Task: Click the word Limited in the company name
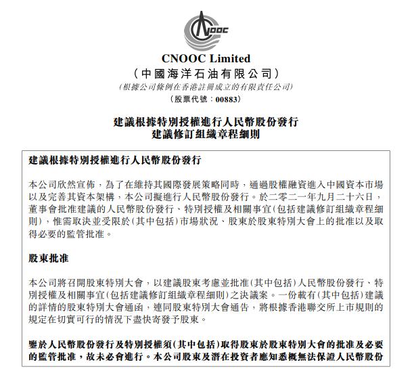229,59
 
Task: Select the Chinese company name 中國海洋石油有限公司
206,73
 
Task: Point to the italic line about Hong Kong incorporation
206,87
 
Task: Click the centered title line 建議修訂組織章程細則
206,135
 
